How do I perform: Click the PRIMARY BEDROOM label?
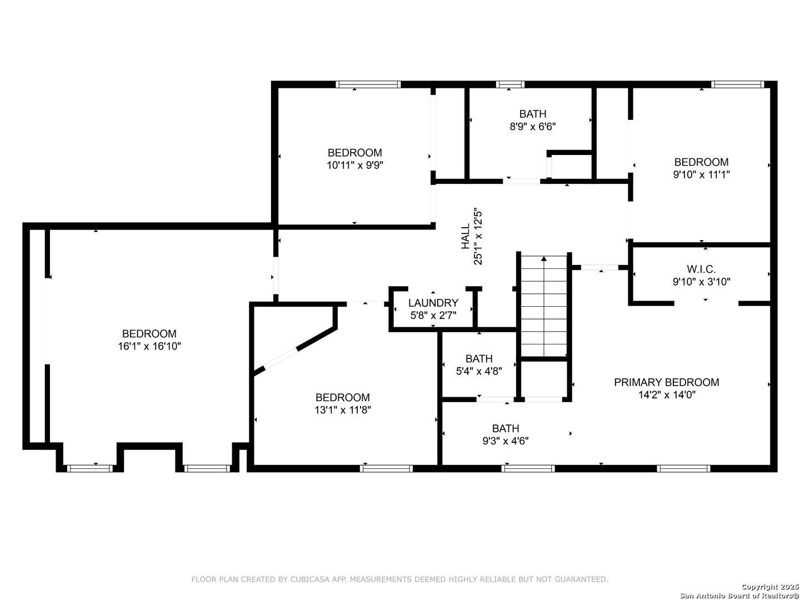[x=666, y=383]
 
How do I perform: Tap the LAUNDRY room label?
[x=433, y=303]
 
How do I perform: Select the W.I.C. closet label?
[x=701, y=269]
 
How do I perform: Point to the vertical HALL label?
[x=466, y=237]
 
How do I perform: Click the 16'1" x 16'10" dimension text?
[x=149, y=346]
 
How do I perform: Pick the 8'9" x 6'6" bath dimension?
[x=532, y=127]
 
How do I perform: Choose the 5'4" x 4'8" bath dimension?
[x=479, y=371]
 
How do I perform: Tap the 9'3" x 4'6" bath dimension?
[x=506, y=441]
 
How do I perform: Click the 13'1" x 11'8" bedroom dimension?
[x=343, y=410]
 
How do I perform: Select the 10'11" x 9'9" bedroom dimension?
[x=354, y=166]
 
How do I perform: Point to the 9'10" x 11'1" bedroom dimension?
[x=701, y=175]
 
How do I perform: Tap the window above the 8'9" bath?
[x=510, y=84]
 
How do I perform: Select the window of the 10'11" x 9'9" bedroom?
[x=368, y=84]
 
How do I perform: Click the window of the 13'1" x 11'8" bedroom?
[x=386, y=468]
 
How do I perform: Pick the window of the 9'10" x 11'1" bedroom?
[x=737, y=84]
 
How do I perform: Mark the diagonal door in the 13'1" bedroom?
[x=281, y=359]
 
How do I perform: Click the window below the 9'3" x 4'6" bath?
[x=528, y=468]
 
